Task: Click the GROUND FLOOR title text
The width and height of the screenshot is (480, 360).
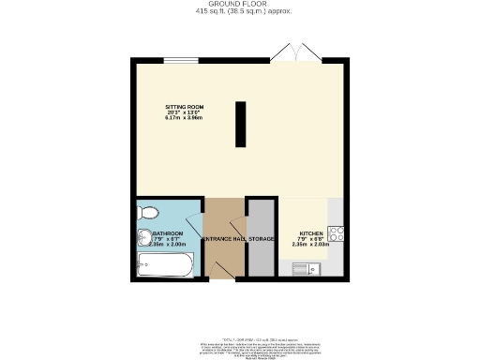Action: [x=239, y=5]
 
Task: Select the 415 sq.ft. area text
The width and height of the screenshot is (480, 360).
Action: [x=239, y=13]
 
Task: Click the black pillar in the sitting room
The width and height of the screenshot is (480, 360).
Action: [x=240, y=125]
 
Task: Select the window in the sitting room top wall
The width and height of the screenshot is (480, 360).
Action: [x=180, y=62]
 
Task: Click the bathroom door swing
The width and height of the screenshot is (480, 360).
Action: [x=194, y=226]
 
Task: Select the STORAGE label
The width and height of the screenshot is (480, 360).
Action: [x=261, y=239]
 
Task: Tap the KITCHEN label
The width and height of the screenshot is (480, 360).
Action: [x=311, y=232]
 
